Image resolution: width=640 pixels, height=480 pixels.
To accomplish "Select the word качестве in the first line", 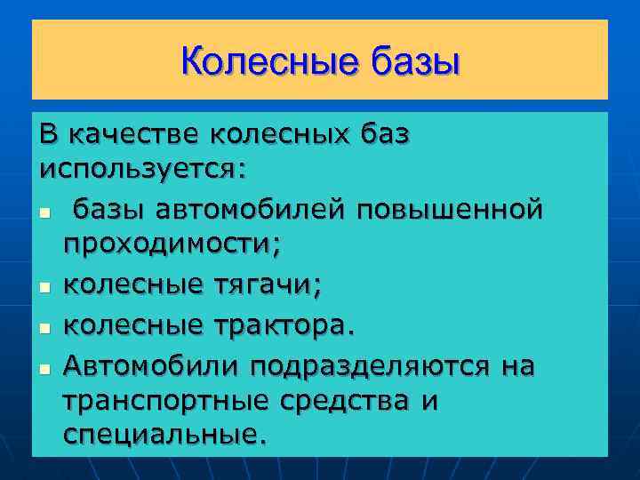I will click(134, 134).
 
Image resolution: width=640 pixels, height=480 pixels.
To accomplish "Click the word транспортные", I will click(165, 400).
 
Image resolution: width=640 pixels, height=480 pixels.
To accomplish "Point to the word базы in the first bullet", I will click(106, 210).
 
